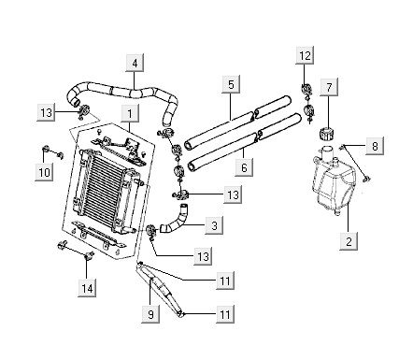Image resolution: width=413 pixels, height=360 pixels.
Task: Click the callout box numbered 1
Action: point(130,114)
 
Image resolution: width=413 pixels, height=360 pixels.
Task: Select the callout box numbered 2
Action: point(349,241)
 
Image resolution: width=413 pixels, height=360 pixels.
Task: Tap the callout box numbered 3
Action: point(214,225)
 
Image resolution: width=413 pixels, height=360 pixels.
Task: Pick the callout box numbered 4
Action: point(135,64)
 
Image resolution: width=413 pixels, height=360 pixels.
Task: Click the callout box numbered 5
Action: point(231,84)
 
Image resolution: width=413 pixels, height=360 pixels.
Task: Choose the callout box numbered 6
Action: point(244,167)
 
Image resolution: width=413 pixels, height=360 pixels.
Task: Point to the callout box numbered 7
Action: point(329,88)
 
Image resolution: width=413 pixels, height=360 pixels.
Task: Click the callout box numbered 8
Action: point(375,146)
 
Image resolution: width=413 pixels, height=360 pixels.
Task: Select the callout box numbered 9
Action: point(150,314)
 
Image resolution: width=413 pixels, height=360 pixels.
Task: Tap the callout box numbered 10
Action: point(44,172)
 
